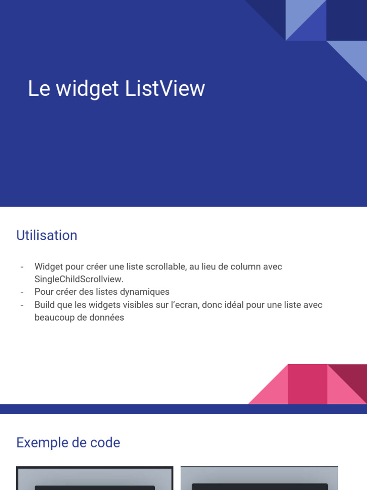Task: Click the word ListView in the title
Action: [165, 89]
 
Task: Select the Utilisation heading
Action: [47, 235]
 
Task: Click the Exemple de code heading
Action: [68, 443]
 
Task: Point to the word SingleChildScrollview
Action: [78, 279]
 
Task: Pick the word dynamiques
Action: [147, 292]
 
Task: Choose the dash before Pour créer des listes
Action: [22, 292]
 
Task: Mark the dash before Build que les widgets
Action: [22, 305]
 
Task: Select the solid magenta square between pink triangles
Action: [308, 384]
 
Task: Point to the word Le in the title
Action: [39, 89]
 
